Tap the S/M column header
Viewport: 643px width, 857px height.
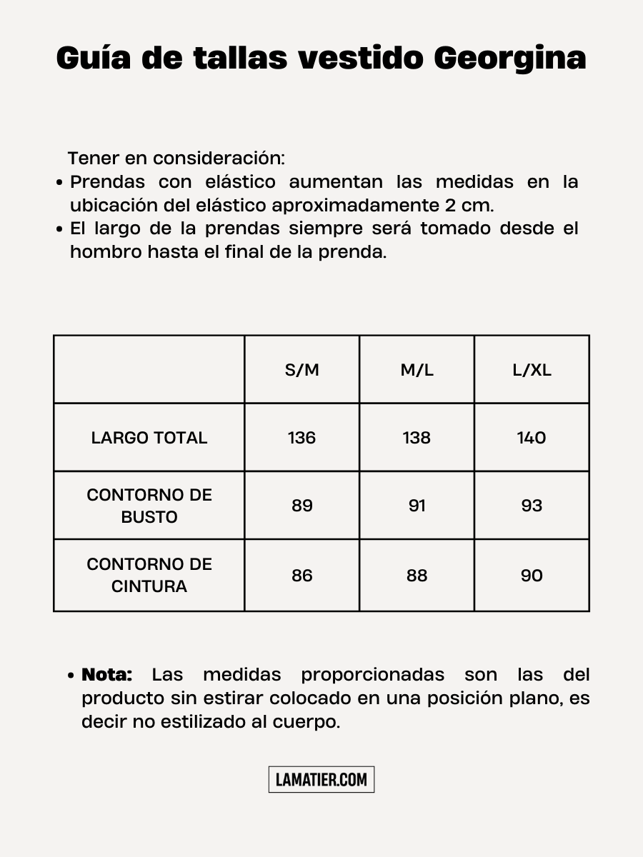[301, 370]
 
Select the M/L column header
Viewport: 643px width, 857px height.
[417, 370]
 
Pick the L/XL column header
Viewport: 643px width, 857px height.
[532, 370]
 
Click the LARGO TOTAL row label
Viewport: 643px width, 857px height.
[149, 438]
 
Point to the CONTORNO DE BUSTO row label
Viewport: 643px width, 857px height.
[149, 506]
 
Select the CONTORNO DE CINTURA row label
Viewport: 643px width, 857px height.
[149, 575]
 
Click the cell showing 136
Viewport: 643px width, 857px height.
[301, 438]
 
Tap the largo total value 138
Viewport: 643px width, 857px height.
[417, 438]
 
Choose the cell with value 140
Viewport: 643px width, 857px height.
[532, 438]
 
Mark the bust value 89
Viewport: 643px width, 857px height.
[301, 506]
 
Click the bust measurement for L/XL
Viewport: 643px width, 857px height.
[532, 506]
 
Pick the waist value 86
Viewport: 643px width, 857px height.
[301, 576]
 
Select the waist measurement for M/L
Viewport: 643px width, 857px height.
[417, 576]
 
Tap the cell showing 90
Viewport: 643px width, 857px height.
[532, 576]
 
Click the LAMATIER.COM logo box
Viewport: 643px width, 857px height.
[321, 779]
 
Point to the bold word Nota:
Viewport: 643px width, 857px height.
[107, 674]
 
